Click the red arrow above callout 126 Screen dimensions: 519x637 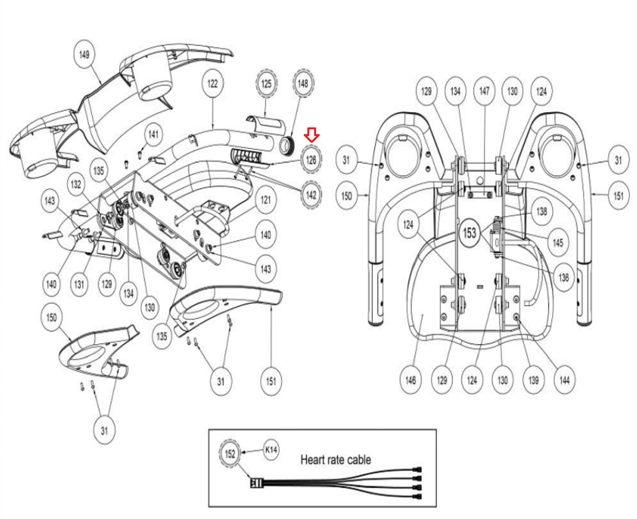tap(311, 135)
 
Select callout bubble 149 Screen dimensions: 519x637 tap(84, 54)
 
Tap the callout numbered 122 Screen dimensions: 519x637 tap(213, 83)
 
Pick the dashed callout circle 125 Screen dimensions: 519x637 tap(266, 84)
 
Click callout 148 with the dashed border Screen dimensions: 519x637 tap(303, 84)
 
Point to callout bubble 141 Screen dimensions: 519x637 tap(153, 134)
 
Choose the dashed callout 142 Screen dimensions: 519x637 tap(311, 195)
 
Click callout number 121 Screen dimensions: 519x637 tap(266, 200)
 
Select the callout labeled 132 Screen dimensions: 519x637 tap(76, 184)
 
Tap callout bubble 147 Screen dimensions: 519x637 tap(484, 91)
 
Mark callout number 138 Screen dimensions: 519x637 tap(541, 211)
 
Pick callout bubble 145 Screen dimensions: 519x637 tap(558, 242)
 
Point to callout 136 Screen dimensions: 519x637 tap(564, 277)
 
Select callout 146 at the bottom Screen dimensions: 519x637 tap(410, 380)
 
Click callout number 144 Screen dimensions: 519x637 tap(564, 380)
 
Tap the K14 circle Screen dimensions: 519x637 tap(271, 450)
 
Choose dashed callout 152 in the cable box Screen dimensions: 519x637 tap(230, 454)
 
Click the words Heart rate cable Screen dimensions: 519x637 tap(336, 460)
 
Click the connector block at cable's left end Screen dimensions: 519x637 tap(256, 484)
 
